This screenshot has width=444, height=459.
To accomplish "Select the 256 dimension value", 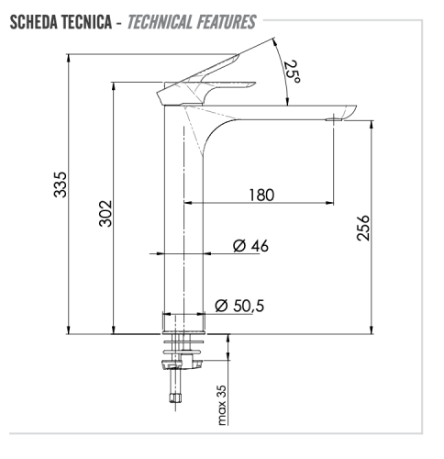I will [363, 227].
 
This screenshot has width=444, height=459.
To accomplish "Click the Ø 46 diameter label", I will [250, 245].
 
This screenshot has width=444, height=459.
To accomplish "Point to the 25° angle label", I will [291, 71].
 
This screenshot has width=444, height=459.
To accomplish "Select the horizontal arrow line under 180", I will [260, 203].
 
